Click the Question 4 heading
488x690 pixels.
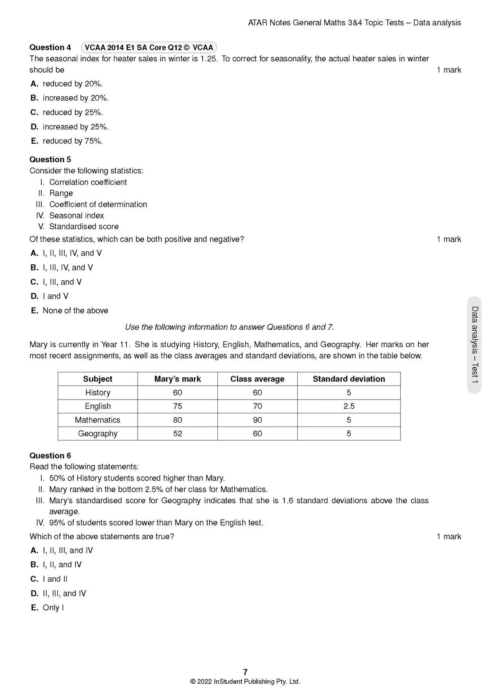(50, 47)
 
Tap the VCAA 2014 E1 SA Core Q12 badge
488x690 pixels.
(149, 47)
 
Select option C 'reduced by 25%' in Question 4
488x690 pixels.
(67, 113)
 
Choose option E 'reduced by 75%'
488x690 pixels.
(67, 141)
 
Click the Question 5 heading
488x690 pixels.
(50, 160)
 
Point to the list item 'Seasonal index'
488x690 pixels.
(76, 216)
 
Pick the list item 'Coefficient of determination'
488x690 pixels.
(98, 204)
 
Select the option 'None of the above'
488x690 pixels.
(70, 311)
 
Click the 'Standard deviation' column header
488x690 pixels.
(349, 379)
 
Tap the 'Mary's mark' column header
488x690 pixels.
(177, 379)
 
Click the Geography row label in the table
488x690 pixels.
(98, 434)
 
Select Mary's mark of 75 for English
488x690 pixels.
(177, 406)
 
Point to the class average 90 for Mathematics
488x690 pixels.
(257, 420)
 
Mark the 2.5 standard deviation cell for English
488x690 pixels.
(349, 406)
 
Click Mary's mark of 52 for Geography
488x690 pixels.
(177, 434)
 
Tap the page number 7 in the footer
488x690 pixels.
(245, 672)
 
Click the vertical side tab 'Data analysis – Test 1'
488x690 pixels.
(474, 345)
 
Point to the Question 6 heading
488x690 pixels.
(50, 456)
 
